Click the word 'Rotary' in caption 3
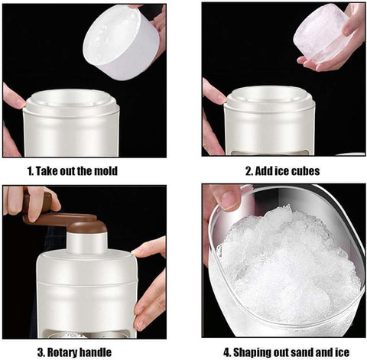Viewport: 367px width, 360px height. (x=66, y=352)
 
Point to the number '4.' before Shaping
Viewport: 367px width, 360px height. (x=226, y=352)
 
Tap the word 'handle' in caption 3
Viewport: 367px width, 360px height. (x=99, y=352)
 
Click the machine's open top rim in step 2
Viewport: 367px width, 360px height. (x=270, y=96)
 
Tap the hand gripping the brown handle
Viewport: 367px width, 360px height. (x=31, y=200)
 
